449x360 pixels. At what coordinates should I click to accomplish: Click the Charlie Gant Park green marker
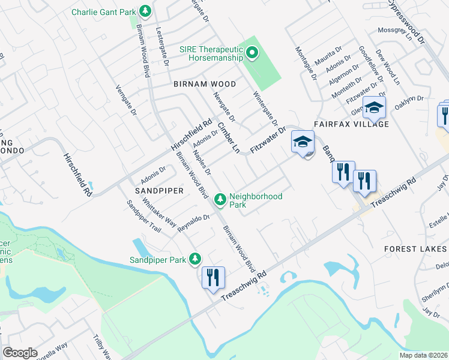click(x=145, y=11)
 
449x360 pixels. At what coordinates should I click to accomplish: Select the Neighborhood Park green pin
click(x=220, y=199)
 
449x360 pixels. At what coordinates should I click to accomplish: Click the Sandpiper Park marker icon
click(x=194, y=260)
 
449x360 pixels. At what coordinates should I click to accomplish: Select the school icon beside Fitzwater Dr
click(x=303, y=143)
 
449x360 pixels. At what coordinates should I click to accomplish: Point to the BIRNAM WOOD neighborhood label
click(x=196, y=85)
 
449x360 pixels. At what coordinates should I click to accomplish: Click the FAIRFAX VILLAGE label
click(x=351, y=124)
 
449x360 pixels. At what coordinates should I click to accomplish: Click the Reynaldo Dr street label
click(x=193, y=223)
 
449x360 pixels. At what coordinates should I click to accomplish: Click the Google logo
click(x=20, y=352)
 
